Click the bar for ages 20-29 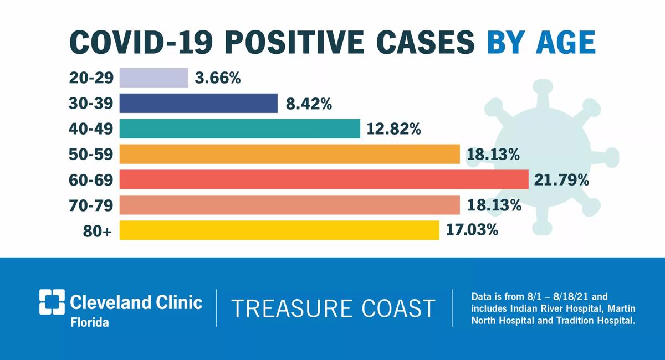[x=154, y=78]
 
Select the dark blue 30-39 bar [x=198, y=103]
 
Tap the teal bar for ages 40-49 [x=240, y=128]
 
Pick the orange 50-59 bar [x=290, y=154]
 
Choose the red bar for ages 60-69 [x=324, y=179]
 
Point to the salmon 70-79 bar [x=290, y=205]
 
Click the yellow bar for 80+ [x=279, y=230]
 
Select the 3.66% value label [x=218, y=78]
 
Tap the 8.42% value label [x=309, y=104]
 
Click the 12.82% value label [x=393, y=129]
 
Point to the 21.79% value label [x=561, y=180]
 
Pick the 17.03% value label [x=472, y=230]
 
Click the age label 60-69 [x=91, y=180]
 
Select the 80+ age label [x=98, y=231]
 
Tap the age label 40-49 [x=91, y=129]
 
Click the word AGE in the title [x=566, y=43]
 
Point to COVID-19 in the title [x=141, y=43]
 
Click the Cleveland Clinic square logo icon [x=52, y=302]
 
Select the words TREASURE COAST [x=333, y=308]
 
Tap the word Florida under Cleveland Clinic [x=90, y=322]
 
